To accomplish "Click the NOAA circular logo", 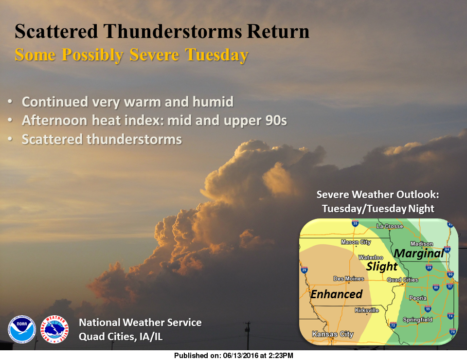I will (22, 329).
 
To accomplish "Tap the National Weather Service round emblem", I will (54, 329).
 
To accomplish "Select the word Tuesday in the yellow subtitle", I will (217, 54).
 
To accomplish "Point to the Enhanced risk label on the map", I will (337, 294).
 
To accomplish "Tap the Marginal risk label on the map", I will (418, 253).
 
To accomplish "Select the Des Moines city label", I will (348, 279).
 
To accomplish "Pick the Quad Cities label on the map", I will (402, 280).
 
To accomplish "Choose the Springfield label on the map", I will (418, 320).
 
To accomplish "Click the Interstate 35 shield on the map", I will (355, 224).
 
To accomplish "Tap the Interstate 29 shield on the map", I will (305, 270).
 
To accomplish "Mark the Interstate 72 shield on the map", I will (393, 324).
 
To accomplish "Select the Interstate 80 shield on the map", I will (436, 287).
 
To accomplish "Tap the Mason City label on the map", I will (355, 242).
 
